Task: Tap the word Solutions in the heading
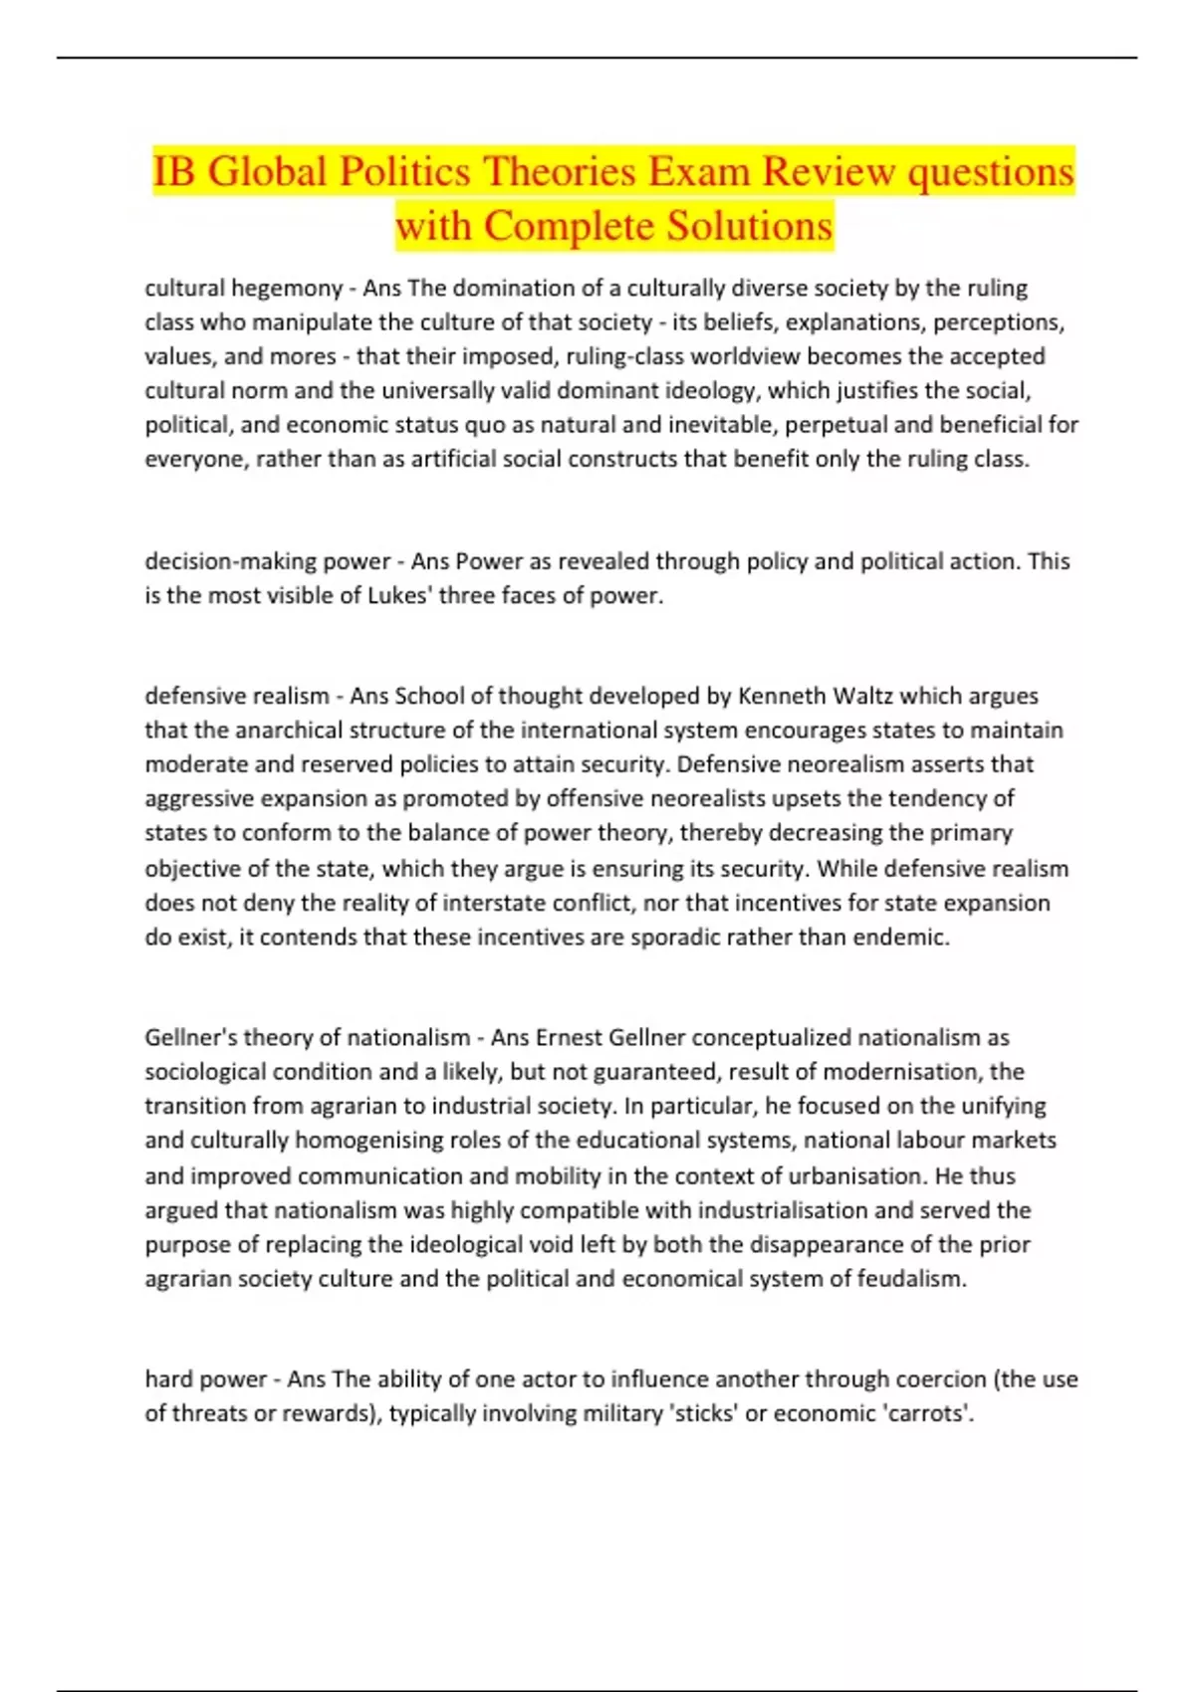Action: (749, 225)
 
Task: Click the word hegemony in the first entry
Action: (287, 289)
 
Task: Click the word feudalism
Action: (914, 1279)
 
